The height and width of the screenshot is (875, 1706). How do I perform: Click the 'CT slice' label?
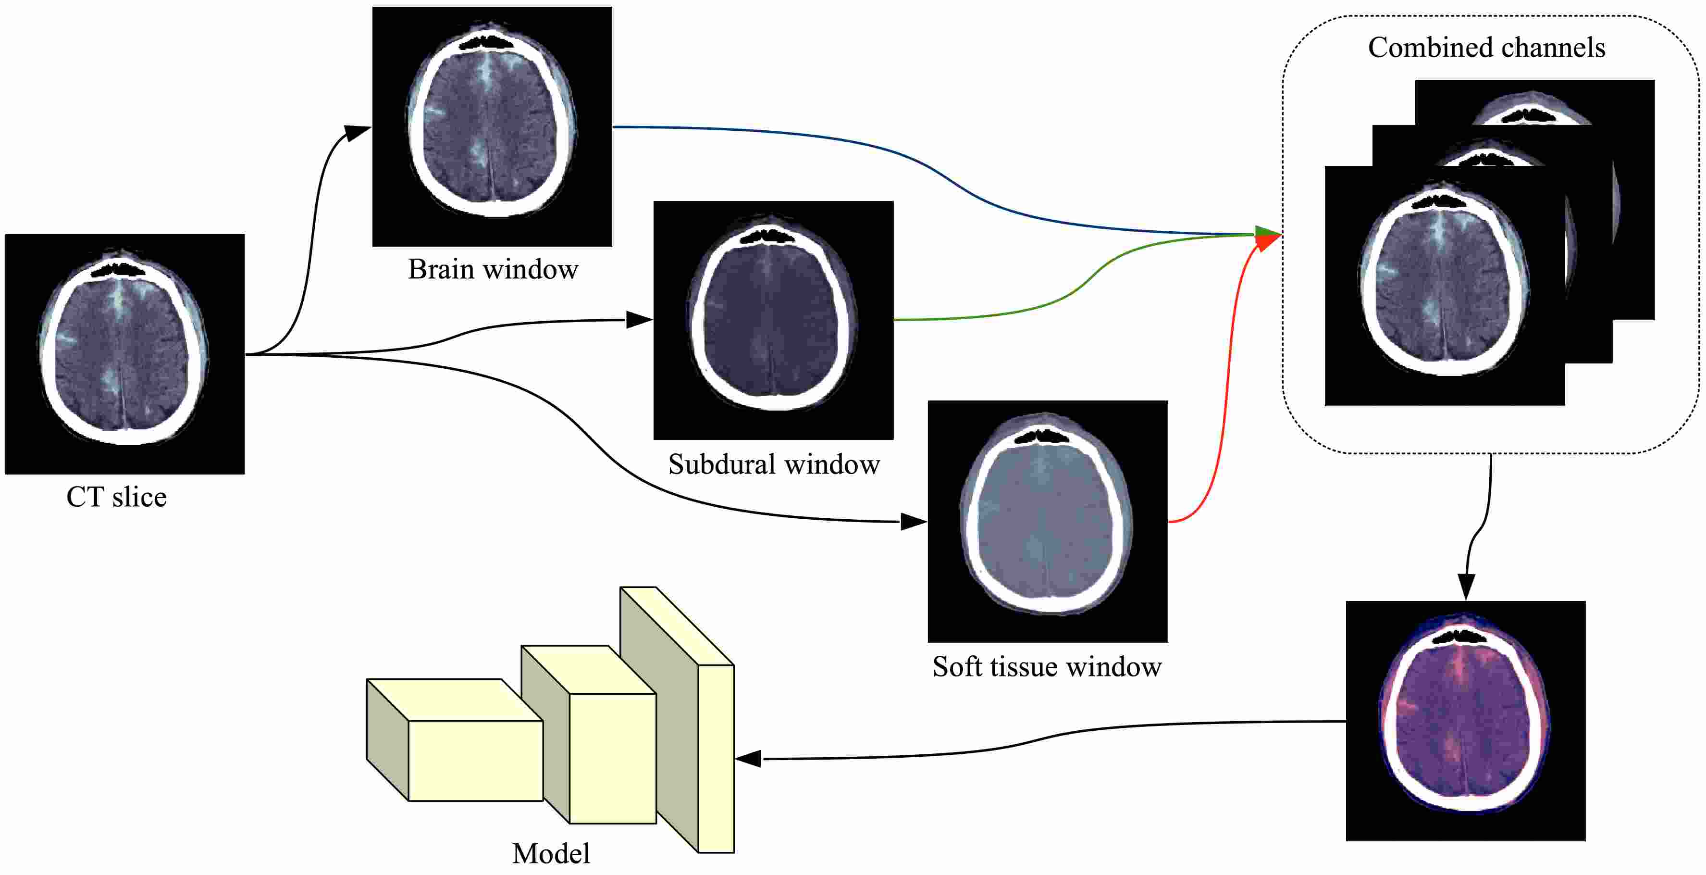click(x=117, y=497)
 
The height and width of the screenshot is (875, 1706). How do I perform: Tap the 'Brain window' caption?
click(x=493, y=269)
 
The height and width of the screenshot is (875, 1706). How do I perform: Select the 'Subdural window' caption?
click(x=774, y=463)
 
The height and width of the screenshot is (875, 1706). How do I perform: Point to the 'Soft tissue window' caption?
click(x=1047, y=666)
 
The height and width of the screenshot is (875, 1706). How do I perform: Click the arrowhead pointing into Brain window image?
click(x=358, y=133)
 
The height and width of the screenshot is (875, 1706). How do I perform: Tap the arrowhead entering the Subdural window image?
click(x=639, y=320)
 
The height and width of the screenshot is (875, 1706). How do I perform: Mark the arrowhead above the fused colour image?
click(x=1466, y=586)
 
